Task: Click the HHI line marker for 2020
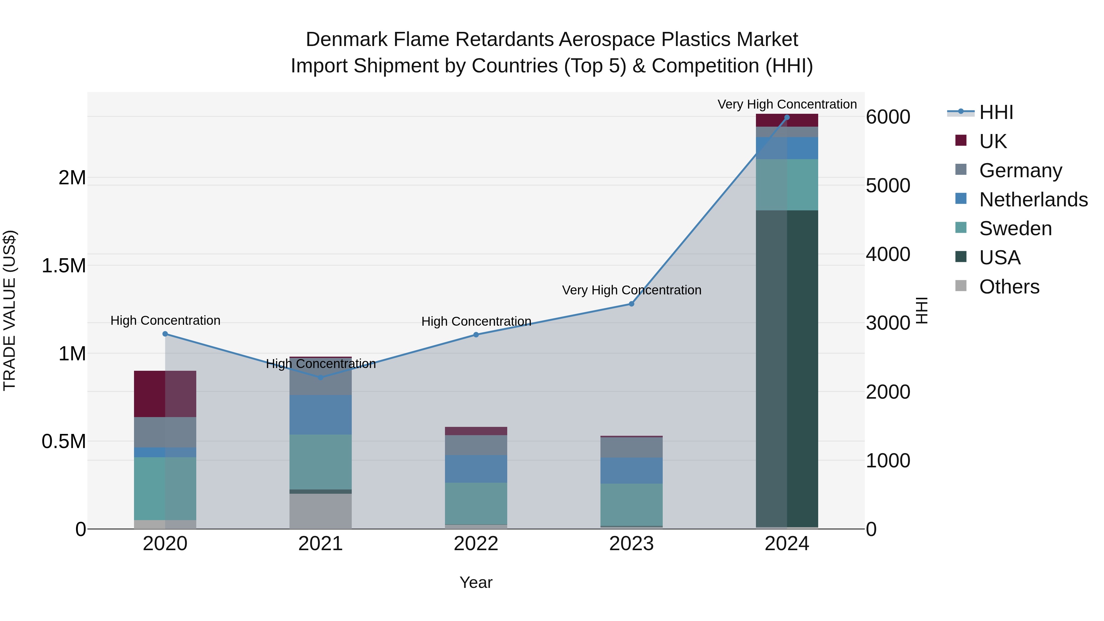click(x=165, y=334)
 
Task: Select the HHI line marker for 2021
click(x=320, y=378)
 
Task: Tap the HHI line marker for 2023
click(x=631, y=304)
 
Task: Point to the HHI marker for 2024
click(x=787, y=117)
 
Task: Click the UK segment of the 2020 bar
click(x=165, y=394)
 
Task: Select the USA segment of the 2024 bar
click(x=787, y=369)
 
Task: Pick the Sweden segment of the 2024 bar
click(x=787, y=185)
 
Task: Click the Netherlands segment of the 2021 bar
click(x=320, y=415)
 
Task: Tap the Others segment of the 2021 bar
click(x=320, y=511)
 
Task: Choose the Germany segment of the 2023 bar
click(x=631, y=447)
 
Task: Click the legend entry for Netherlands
click(x=1033, y=200)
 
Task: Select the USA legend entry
click(x=999, y=258)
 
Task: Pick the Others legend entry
click(x=1009, y=287)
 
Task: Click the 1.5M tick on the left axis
click(x=63, y=266)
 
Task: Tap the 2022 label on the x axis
click(x=476, y=544)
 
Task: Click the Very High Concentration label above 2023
click(x=631, y=290)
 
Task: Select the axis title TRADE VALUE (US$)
click(x=10, y=310)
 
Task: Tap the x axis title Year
click(x=476, y=582)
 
